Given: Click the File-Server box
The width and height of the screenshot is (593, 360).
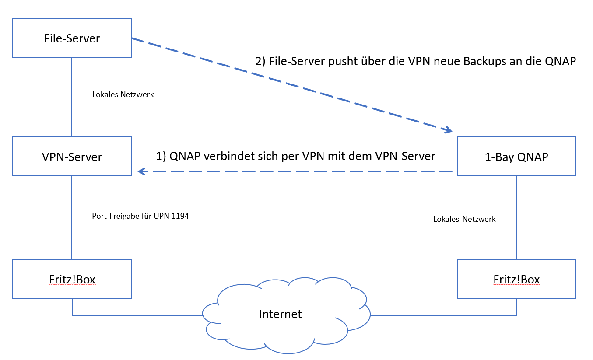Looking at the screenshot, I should click(x=72, y=38).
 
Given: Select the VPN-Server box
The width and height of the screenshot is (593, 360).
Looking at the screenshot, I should click(x=72, y=157).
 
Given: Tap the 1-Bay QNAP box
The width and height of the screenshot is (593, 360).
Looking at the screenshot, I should click(x=516, y=157).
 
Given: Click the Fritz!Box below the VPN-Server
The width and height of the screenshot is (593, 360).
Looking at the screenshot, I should click(x=72, y=279).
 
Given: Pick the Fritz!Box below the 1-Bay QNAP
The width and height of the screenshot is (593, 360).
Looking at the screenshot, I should click(x=516, y=279).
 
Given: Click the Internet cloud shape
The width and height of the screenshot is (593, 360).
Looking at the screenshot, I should click(x=280, y=314).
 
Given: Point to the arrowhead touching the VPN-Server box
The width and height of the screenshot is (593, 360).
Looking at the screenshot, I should click(x=141, y=172).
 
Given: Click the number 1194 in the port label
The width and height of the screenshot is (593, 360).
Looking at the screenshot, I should click(x=181, y=216).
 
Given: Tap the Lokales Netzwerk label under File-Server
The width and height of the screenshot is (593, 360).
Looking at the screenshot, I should click(x=123, y=94).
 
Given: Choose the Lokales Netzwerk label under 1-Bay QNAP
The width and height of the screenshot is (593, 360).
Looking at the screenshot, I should click(x=464, y=219).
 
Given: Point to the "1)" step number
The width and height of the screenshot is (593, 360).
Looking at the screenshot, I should click(x=161, y=156).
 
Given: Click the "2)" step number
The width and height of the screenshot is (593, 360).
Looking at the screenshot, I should click(x=260, y=61).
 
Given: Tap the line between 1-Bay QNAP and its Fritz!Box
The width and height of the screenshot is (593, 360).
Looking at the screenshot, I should click(x=517, y=217).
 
